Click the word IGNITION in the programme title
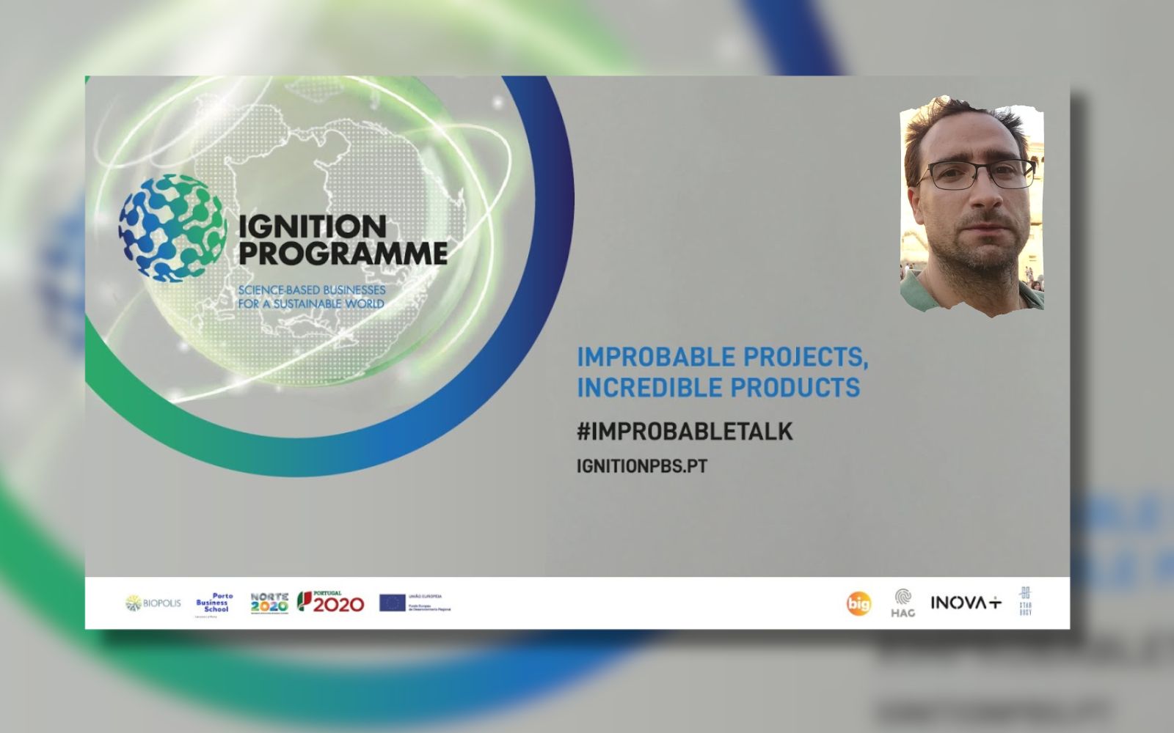(x=312, y=226)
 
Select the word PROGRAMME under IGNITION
(x=343, y=254)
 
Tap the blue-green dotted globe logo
(x=172, y=228)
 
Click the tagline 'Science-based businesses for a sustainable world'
(x=311, y=297)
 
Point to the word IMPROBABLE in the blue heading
(x=655, y=357)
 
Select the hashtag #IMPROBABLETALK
(x=685, y=432)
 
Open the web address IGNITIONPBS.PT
(x=641, y=466)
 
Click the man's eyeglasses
(x=976, y=174)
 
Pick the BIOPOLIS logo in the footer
(x=153, y=603)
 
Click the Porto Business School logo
(x=214, y=603)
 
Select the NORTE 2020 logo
(x=269, y=603)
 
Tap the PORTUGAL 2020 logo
(x=330, y=603)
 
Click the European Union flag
(x=392, y=603)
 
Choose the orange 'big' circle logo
(x=858, y=603)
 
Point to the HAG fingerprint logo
(x=903, y=603)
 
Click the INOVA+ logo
(x=965, y=603)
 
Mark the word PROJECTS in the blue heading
(x=806, y=357)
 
